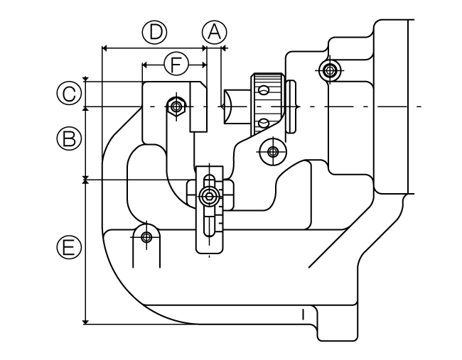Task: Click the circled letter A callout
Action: [215, 32]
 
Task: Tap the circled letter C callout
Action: [69, 94]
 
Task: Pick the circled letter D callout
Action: [155, 32]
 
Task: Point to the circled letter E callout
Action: [69, 246]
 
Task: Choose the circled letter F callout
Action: [176, 64]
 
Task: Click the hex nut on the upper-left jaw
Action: [176, 107]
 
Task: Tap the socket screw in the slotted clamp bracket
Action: [209, 196]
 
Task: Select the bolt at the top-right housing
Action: [329, 70]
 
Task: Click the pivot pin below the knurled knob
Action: [273, 152]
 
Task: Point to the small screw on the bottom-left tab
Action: [146, 237]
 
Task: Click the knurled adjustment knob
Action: [267, 105]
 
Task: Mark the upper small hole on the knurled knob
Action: [263, 89]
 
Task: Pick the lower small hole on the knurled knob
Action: [263, 123]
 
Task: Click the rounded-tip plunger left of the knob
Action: [235, 107]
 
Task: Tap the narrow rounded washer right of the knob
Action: [291, 107]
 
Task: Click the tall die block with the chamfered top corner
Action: [198, 107]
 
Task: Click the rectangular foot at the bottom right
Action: [338, 323]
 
